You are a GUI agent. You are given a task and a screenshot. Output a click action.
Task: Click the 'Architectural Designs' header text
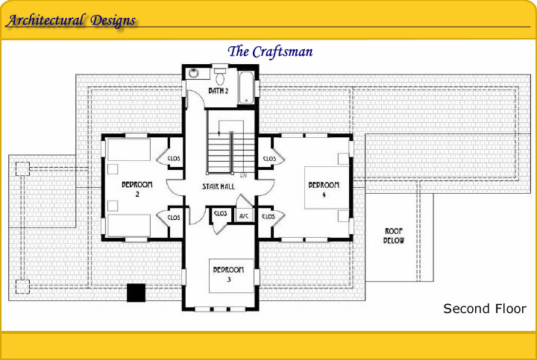71,21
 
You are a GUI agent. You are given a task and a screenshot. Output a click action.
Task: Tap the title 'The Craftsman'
270,51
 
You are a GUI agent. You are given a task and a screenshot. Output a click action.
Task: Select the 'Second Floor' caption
485,309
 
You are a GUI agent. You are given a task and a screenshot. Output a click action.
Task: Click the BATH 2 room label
218,91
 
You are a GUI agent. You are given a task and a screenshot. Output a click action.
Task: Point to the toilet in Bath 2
220,77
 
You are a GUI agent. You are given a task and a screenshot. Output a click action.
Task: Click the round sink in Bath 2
194,73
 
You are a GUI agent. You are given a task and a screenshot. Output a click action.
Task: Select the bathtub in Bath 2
247,87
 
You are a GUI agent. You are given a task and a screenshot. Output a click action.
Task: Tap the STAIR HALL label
218,186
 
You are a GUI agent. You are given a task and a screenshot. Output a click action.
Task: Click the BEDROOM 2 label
137,189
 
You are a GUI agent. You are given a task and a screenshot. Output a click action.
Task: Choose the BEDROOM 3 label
228,274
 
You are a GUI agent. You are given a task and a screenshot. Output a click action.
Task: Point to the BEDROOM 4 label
324,189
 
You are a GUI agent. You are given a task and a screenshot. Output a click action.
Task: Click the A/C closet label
244,216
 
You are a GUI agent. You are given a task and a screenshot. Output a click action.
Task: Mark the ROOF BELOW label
394,236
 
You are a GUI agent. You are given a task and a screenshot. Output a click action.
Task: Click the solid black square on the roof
136,293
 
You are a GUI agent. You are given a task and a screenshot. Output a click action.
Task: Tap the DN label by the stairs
243,176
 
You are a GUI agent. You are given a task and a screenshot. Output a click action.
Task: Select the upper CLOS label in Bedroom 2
174,159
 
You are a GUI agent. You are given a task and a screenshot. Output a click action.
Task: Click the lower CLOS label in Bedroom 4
268,217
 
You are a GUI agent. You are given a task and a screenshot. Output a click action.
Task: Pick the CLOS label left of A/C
220,213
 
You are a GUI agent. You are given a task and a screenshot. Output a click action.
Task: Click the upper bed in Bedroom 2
129,150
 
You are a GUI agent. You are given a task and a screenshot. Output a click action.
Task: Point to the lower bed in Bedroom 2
129,226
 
